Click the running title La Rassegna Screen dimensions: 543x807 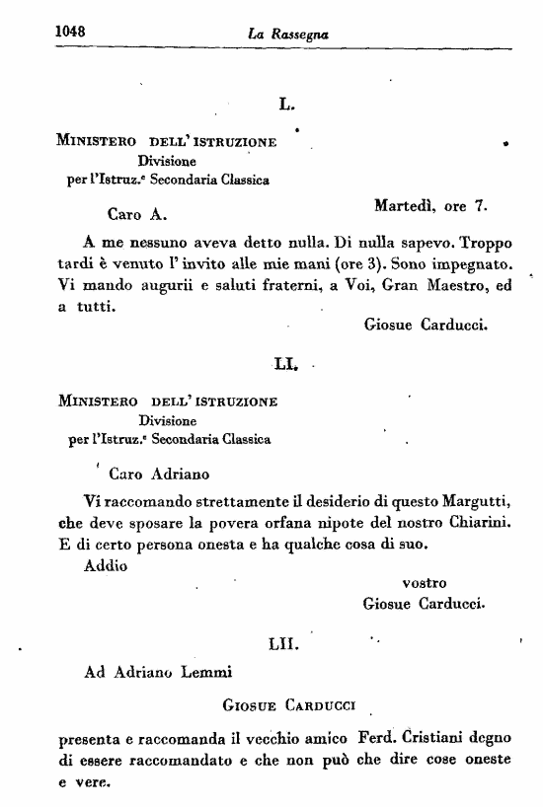[x=288, y=35]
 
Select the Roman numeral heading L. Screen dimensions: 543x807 [x=289, y=102]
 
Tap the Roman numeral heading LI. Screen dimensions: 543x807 [x=287, y=366]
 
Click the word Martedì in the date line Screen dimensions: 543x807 [x=407, y=207]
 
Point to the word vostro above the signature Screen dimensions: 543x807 [x=426, y=583]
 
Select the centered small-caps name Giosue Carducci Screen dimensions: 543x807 [x=292, y=705]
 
